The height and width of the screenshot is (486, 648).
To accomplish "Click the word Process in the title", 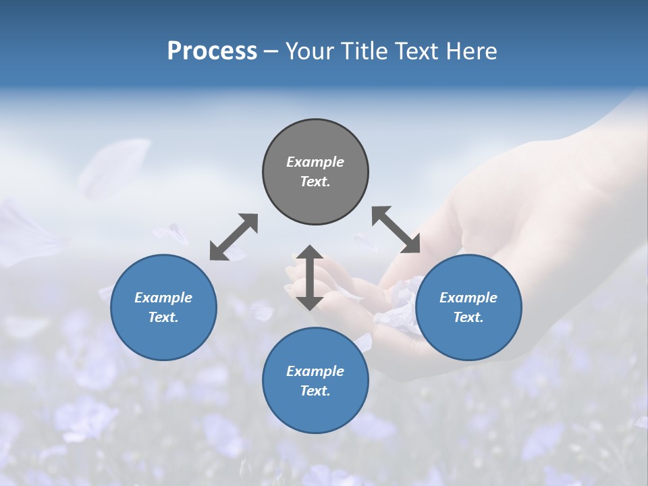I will click(212, 51).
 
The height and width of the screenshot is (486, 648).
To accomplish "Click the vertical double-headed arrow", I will click(310, 277).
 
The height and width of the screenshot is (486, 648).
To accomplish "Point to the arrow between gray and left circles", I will click(234, 237).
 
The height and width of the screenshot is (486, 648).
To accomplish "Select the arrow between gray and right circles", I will click(396, 230).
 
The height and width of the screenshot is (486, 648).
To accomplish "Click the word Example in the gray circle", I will click(315, 162).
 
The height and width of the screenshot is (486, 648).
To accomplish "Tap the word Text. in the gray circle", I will click(315, 182).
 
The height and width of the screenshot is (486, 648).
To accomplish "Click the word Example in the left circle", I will click(163, 298).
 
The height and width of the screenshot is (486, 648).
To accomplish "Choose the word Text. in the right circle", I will click(468, 317).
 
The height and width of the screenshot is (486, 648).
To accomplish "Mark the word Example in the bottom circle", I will click(315, 371).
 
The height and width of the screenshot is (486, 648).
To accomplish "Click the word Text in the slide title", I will click(416, 51).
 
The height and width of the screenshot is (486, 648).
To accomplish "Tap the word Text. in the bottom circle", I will click(315, 391).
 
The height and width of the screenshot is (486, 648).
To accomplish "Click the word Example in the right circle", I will click(468, 298).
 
